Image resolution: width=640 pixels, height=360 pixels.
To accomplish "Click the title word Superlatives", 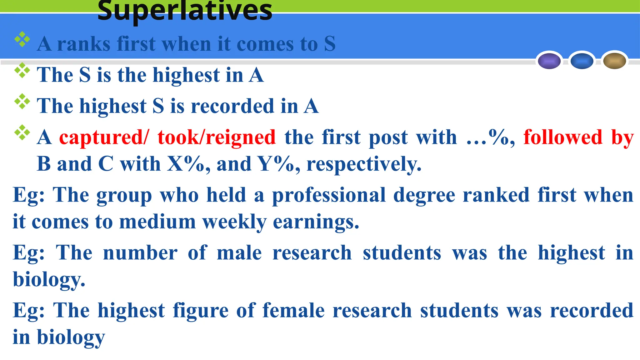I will tap(185, 11).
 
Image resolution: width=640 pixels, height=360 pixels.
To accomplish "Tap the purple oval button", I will tap(549, 61).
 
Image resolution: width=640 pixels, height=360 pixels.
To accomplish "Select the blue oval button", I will tap(582, 61).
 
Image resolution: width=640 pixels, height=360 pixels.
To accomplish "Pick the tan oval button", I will tap(614, 61).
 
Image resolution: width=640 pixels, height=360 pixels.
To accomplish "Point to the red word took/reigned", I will tap(216, 137).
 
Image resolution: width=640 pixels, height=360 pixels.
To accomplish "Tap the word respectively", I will tap(364, 164).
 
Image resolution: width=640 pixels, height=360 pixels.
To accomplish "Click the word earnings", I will tap(316, 222).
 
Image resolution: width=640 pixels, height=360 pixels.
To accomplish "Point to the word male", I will tap(239, 253).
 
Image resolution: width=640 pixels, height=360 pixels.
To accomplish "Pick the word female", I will tap(293, 311).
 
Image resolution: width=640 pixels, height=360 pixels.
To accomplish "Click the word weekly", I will tap(234, 222).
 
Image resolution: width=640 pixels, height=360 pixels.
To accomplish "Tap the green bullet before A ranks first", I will tap(22, 39).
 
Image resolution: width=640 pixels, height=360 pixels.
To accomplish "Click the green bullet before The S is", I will tap(22, 70).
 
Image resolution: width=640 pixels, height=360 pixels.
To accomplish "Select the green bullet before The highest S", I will tap(22, 101).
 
